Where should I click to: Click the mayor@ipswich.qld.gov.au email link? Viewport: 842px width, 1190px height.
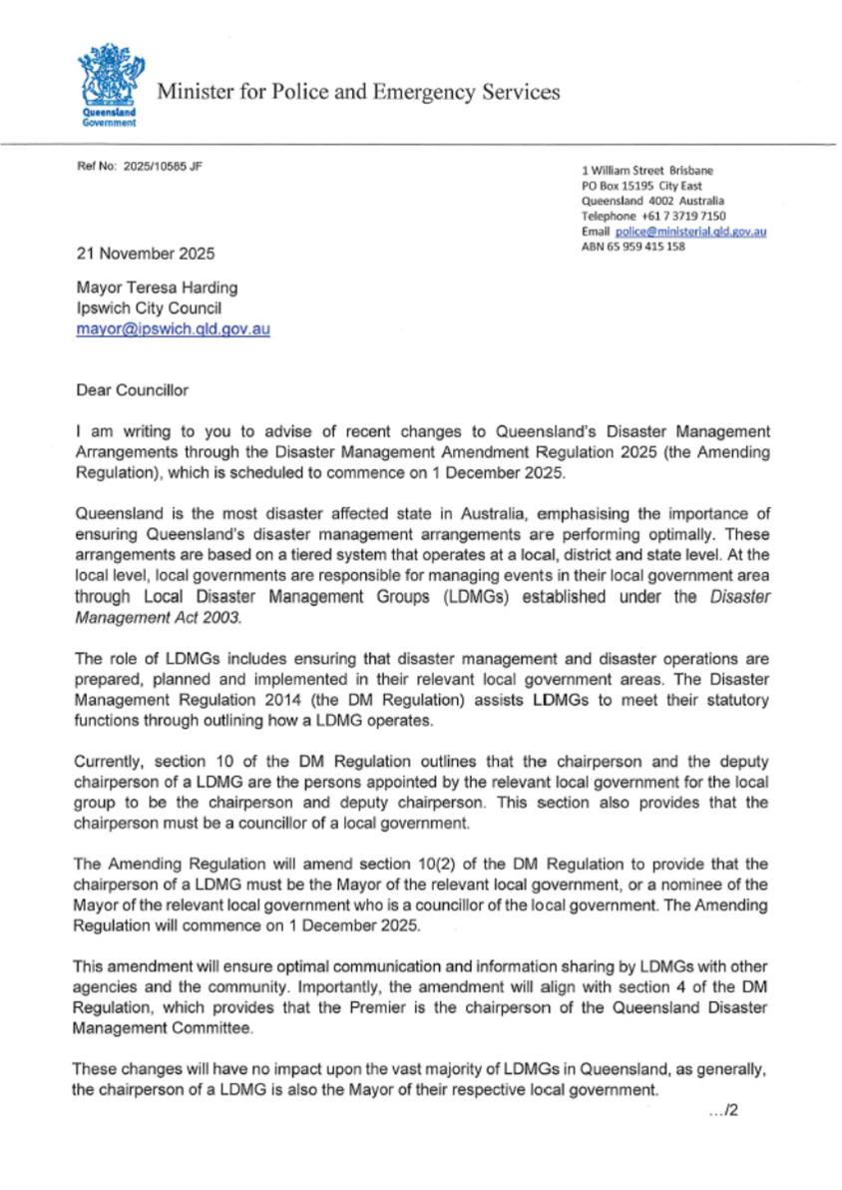pos(173,327)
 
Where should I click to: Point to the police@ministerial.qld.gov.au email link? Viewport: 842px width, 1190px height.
pos(690,232)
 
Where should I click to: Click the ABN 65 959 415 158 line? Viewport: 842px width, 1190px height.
pos(632,247)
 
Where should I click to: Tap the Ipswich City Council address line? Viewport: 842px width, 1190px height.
pos(141,308)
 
